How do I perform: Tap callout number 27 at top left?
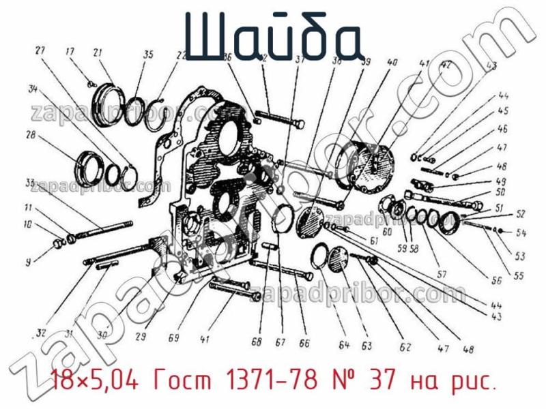40,50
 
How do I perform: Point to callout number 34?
31,87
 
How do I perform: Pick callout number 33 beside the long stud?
30,183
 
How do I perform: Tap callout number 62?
405,348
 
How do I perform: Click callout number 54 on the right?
521,233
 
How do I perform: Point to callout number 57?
442,274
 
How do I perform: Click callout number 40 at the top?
392,62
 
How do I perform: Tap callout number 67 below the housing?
281,342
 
